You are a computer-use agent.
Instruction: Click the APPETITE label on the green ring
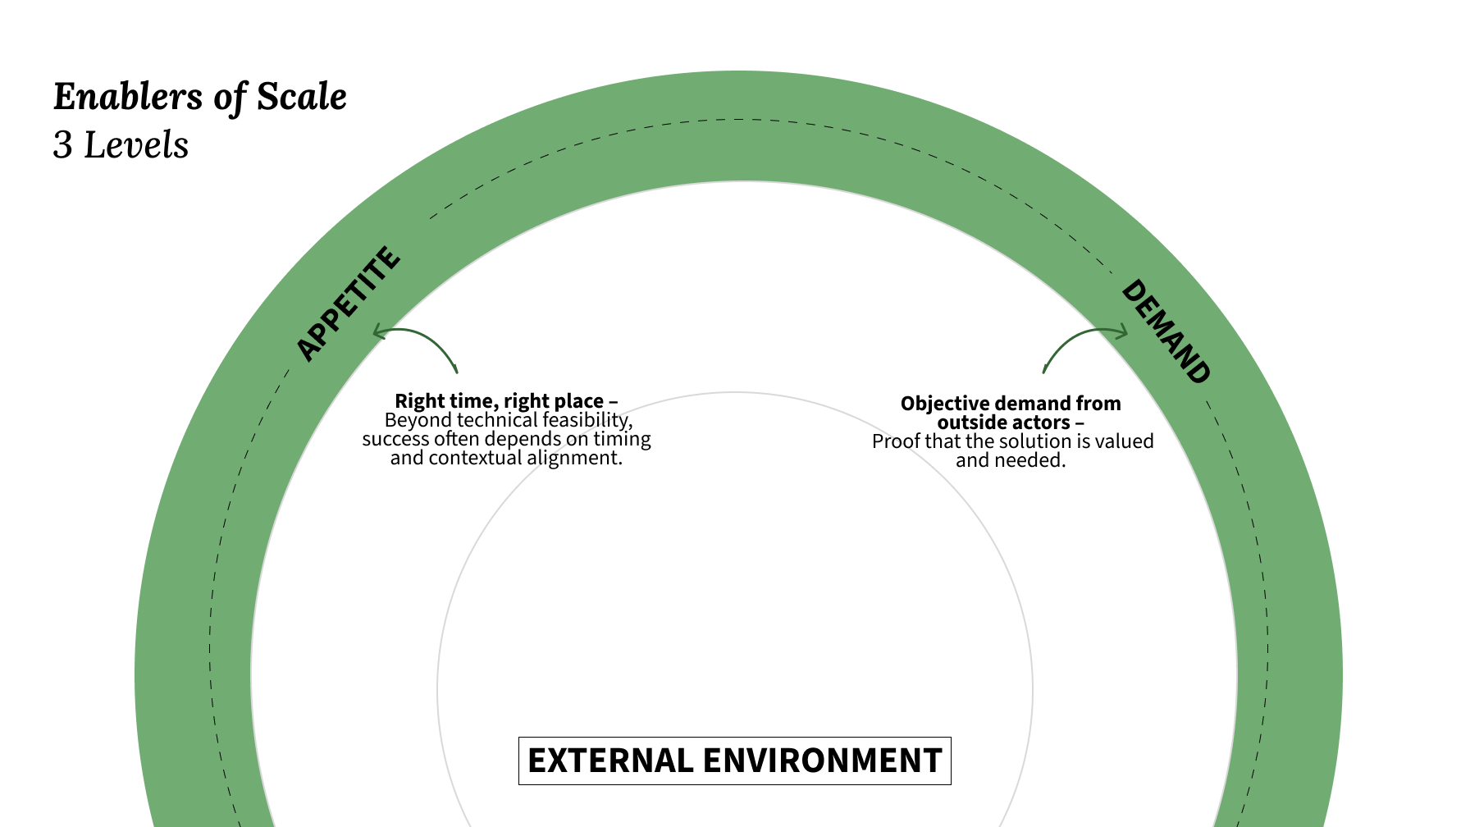(x=348, y=304)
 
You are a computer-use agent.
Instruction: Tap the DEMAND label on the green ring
(x=1165, y=331)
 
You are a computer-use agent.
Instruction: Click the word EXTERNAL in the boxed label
(x=610, y=761)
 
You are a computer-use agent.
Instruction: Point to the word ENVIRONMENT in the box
(x=822, y=761)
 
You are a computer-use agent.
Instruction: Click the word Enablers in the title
(x=127, y=97)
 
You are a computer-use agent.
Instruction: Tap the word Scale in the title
(x=302, y=97)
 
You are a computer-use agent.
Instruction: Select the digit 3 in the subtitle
(x=62, y=146)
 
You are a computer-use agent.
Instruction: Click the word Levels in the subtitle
(x=137, y=146)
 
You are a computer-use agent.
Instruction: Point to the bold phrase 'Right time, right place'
(x=500, y=401)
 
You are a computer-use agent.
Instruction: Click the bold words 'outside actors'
(x=1004, y=423)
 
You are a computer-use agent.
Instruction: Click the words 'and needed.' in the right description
(x=1011, y=460)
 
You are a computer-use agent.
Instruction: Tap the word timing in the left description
(x=622, y=439)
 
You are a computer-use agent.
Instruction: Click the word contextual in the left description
(x=475, y=458)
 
